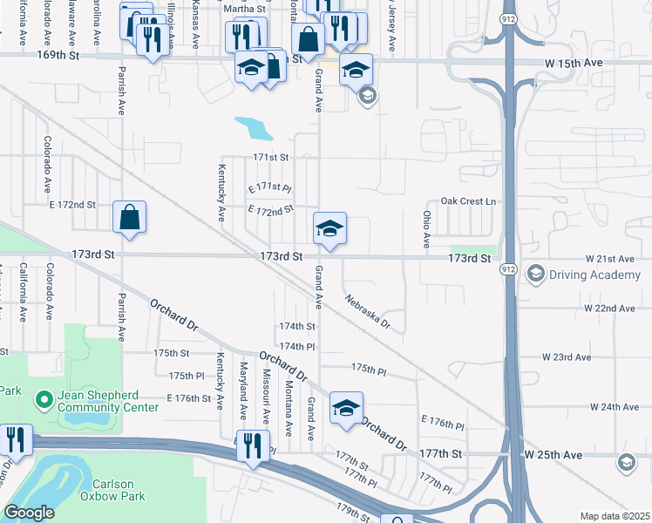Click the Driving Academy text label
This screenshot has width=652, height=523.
594,275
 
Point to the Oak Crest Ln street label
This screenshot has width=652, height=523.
468,201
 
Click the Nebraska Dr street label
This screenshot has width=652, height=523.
366,313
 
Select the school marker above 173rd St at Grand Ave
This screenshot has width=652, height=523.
329,228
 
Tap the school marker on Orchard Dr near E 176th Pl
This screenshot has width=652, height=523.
346,408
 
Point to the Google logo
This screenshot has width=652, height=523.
29,513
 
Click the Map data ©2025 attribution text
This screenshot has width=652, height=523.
614,516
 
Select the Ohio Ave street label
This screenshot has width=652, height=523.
427,228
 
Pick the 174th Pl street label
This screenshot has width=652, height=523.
296,346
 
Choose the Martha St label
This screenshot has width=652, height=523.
244,9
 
